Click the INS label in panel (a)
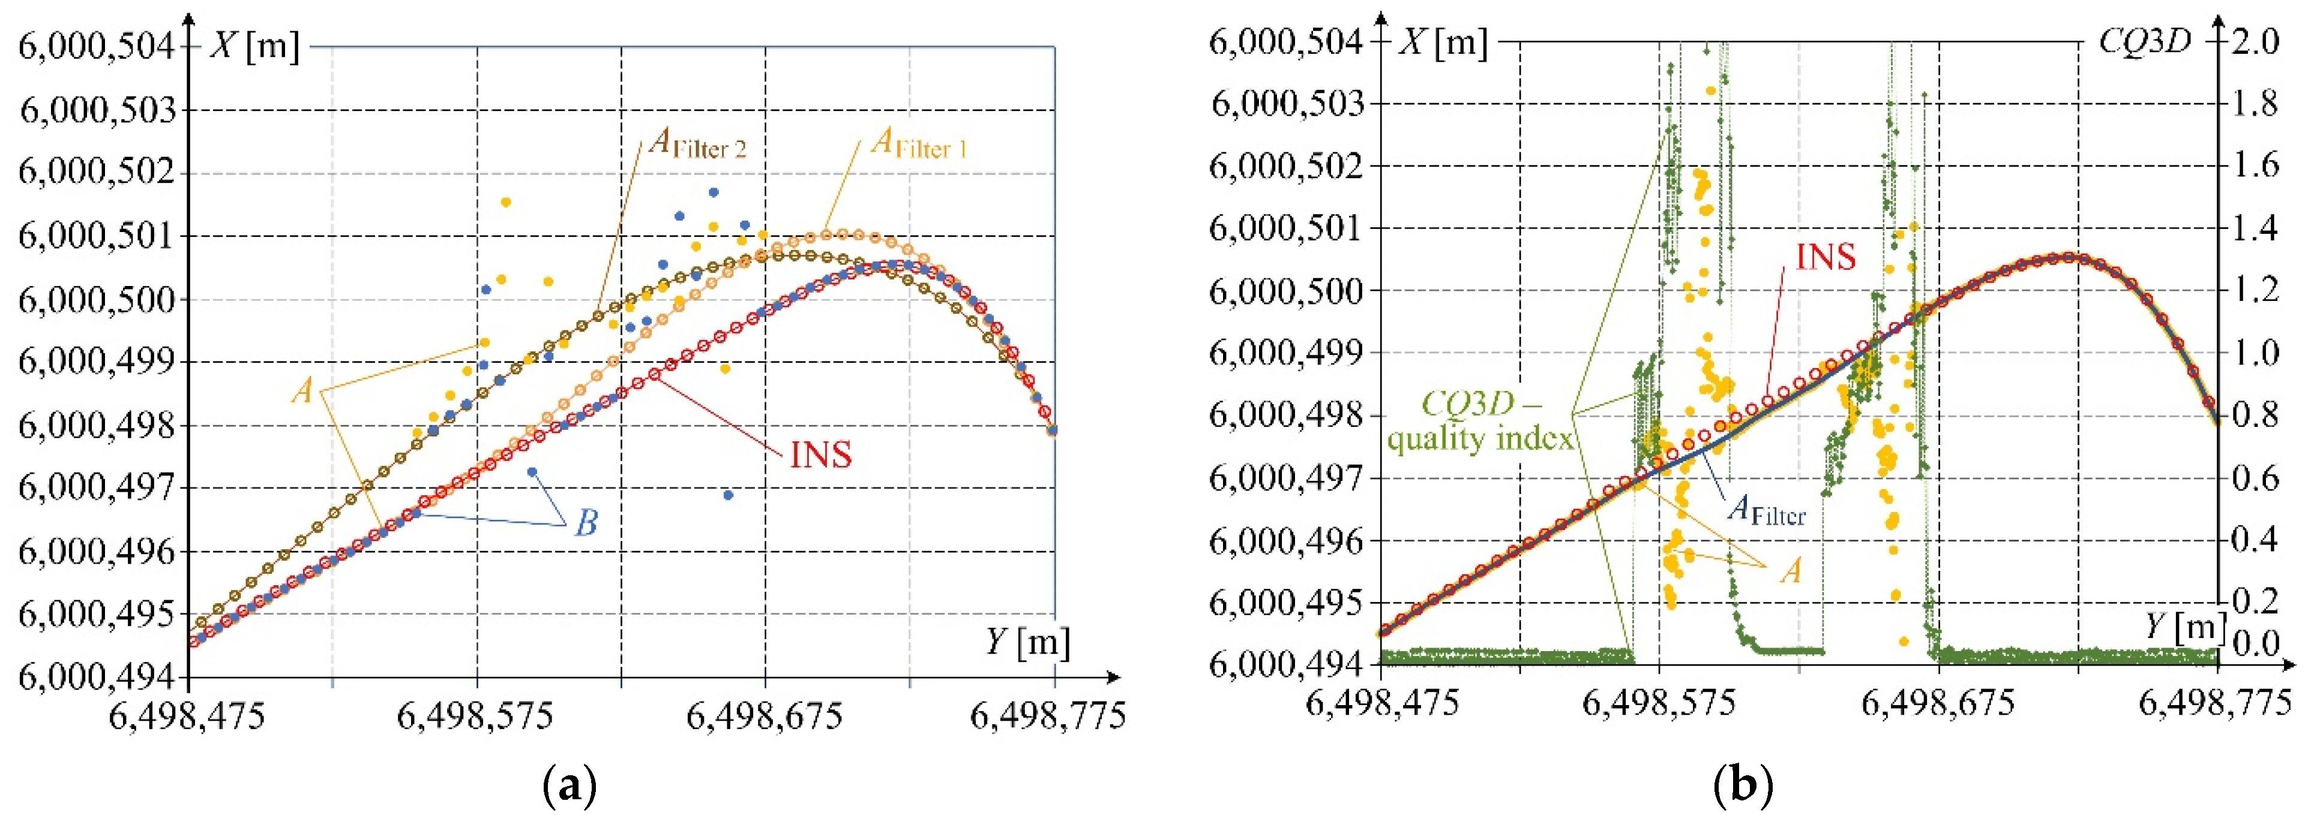click(820, 454)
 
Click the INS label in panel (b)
click(1826, 257)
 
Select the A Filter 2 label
click(697, 143)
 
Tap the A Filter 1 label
click(919, 143)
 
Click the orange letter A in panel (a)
click(303, 391)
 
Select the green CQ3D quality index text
click(1480, 421)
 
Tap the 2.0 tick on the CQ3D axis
click(2255, 41)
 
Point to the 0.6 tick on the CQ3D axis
click(2255, 478)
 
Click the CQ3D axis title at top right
click(2144, 41)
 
